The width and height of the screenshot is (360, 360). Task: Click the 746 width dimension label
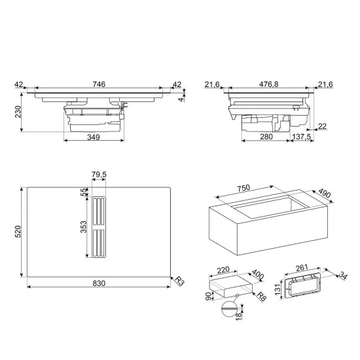click(99, 84)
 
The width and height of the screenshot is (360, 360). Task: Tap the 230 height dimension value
click(18, 112)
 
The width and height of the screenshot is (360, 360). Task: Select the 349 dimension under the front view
click(94, 137)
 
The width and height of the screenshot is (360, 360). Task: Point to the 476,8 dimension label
click(268, 84)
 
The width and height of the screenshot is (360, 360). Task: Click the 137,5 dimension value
click(302, 137)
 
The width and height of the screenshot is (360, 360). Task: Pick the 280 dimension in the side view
click(266, 137)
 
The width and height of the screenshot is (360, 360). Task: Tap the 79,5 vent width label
click(99, 175)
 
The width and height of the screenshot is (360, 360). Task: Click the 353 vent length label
click(84, 227)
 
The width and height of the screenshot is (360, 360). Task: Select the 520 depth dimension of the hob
click(18, 232)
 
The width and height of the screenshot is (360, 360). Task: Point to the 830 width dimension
click(99, 283)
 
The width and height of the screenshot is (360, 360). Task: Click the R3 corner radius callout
click(179, 281)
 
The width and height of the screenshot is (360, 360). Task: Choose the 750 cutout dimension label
click(243, 189)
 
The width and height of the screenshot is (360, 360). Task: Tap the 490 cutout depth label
click(325, 193)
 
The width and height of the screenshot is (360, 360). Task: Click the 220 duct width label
click(223, 270)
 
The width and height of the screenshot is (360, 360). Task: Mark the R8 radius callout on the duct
click(262, 297)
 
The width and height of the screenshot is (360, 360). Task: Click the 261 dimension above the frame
click(302, 268)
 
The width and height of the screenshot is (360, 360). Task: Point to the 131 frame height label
click(278, 289)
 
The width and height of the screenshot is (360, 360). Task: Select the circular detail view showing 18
click(229, 309)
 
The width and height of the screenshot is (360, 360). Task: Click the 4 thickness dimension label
click(181, 99)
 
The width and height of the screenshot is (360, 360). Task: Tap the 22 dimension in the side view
click(322, 126)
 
